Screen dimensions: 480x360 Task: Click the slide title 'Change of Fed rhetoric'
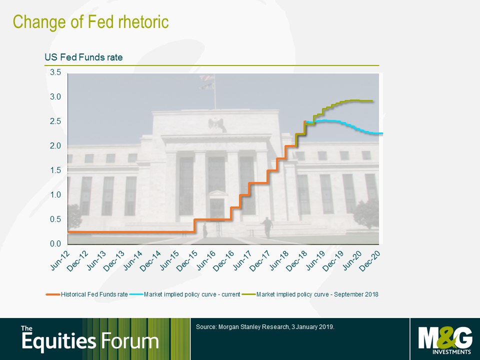click(90, 22)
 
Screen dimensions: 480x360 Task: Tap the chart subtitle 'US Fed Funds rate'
click(83, 57)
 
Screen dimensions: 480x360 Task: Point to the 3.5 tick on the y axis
click(55, 72)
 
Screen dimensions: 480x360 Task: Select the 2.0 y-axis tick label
click(55, 145)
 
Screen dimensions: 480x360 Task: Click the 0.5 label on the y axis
click(55, 219)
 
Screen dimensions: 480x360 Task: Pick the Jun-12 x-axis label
click(60, 261)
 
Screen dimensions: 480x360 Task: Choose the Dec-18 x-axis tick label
click(297, 261)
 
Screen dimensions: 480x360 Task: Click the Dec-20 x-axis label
click(370, 261)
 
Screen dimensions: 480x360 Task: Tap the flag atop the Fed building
click(207, 81)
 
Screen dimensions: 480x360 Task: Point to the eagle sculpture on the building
click(217, 124)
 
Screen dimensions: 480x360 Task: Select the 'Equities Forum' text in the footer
click(90, 339)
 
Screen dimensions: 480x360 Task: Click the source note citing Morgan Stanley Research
click(265, 327)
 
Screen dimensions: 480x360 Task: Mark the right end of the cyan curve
click(382, 133)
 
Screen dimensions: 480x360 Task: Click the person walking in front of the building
click(267, 227)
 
